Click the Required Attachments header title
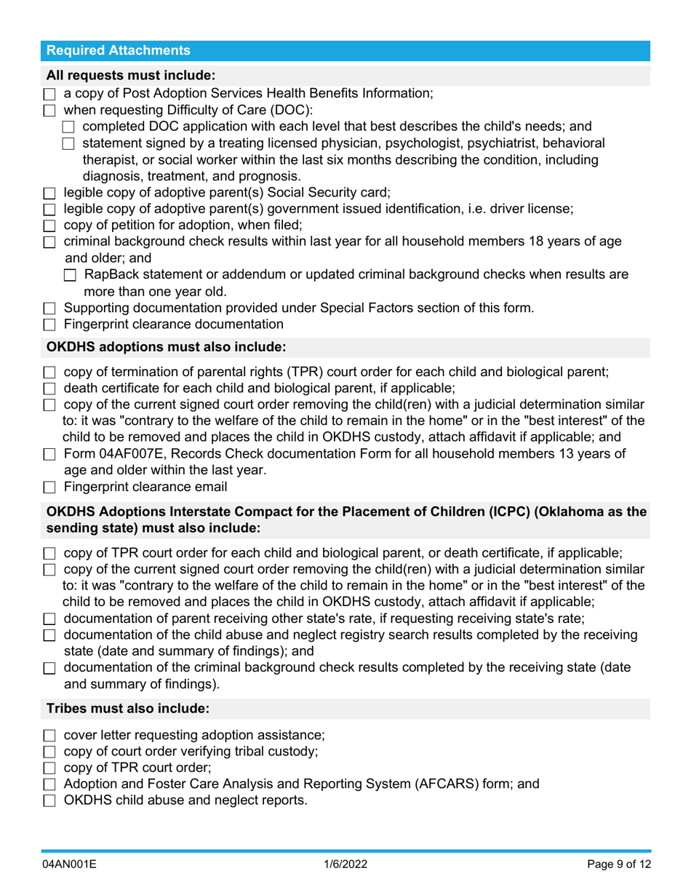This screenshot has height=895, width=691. [118, 51]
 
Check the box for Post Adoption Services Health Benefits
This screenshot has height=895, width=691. [49, 95]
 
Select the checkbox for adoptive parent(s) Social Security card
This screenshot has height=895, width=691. [49, 194]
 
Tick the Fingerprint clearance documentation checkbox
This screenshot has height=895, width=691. [49, 325]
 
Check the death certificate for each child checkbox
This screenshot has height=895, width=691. [49, 389]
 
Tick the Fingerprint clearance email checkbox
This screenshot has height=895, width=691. [49, 488]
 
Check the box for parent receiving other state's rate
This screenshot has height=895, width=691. [49, 619]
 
